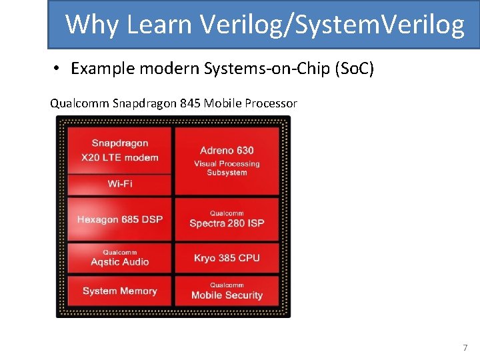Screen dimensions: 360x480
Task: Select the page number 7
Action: coord(465,347)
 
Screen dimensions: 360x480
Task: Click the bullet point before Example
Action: coord(58,69)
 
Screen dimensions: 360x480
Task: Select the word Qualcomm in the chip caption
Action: coord(80,103)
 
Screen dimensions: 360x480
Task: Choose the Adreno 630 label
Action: coord(227,150)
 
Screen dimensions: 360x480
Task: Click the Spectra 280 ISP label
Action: coord(227,223)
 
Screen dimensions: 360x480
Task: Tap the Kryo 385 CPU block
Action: coord(227,258)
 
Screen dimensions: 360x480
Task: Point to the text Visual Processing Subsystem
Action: coord(227,168)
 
